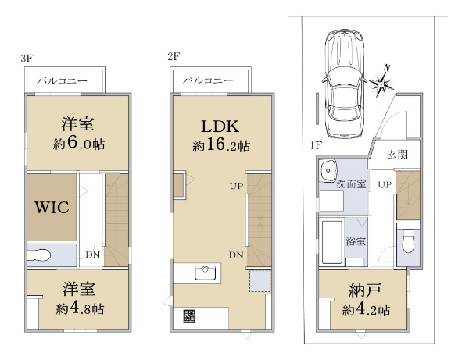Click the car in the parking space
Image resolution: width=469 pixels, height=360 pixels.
click(344, 84)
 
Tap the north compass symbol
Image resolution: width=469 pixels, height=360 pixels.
click(381, 84)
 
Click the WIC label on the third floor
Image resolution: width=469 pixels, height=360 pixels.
click(52, 207)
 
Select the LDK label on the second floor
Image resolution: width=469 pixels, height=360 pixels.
click(220, 127)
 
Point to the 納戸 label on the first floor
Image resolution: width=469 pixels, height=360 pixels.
click(365, 290)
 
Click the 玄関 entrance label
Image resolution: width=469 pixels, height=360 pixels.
click(398, 155)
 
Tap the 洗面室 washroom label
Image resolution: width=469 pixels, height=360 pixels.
click(351, 184)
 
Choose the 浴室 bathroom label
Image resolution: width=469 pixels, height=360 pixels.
click(356, 241)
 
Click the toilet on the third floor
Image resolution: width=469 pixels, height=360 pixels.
click(38, 255)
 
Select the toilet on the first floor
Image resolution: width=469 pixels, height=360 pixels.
click(407, 241)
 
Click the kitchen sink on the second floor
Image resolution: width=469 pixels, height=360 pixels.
click(205, 273)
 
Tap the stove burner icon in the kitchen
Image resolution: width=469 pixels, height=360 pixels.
click(189, 315)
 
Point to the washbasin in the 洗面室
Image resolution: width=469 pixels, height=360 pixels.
click(328, 170)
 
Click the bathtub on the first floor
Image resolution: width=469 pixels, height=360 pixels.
click(331, 242)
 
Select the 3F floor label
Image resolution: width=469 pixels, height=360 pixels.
click(27, 58)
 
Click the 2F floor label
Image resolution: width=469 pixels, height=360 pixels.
click(174, 56)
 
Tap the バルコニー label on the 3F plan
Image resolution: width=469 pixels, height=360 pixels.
click(62, 80)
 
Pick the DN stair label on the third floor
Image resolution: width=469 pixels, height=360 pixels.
click(93, 255)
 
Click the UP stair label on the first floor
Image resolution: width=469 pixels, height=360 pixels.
click(385, 184)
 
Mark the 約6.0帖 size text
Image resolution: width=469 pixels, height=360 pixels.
click(79, 143)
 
